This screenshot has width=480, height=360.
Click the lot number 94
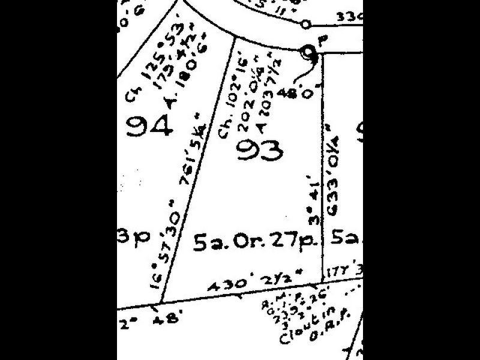pyautogui.click(x=151, y=127)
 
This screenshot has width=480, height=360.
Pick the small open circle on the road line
pyautogui.click(x=305, y=25)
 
